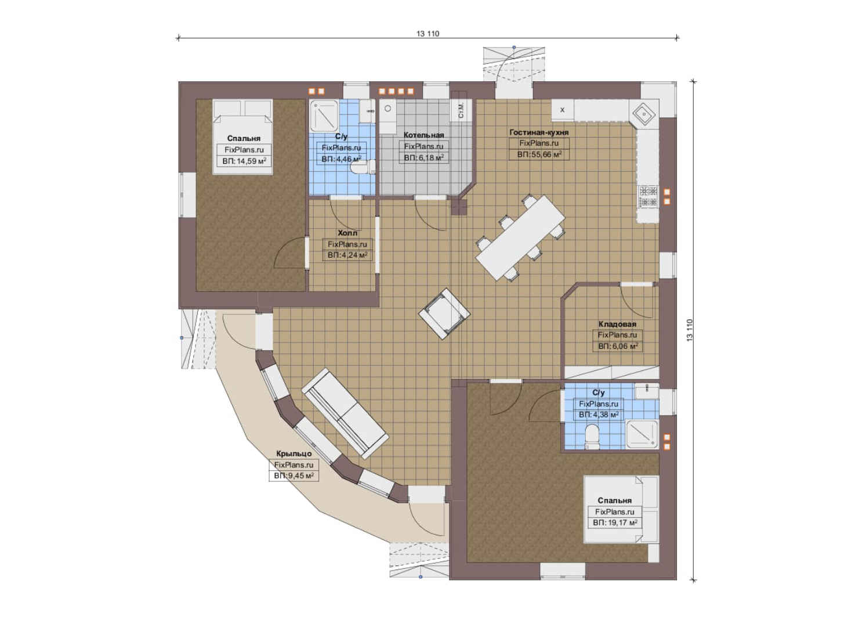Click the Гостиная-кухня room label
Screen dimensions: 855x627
click(539, 132)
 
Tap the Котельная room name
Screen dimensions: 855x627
click(423, 135)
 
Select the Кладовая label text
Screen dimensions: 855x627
click(617, 324)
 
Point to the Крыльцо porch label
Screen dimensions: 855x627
click(294, 453)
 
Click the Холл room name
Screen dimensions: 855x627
click(347, 233)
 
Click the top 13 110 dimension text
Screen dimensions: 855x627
click(428, 34)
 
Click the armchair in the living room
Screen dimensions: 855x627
click(444, 313)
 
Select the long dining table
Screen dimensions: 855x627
click(520, 238)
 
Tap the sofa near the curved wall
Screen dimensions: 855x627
click(345, 413)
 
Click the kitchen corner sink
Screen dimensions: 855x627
click(644, 113)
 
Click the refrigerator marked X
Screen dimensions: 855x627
click(562, 110)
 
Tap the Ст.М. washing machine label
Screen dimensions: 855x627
click(461, 110)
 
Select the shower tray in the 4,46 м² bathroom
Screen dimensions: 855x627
click(324, 116)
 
